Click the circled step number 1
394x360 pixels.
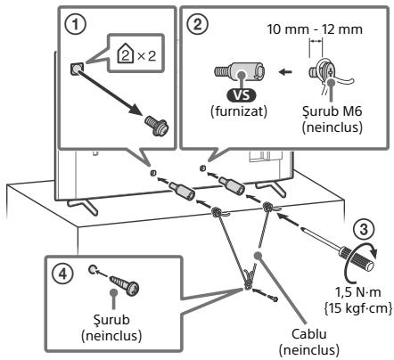pyautogui.click(x=76, y=24)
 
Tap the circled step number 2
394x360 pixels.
pyautogui.click(x=198, y=24)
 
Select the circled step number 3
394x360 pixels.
pyautogui.click(x=365, y=230)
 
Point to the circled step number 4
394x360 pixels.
pyautogui.click(x=63, y=274)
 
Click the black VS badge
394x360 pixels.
pyautogui.click(x=242, y=95)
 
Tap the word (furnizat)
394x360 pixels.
pyautogui.click(x=239, y=111)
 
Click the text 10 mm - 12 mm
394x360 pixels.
pyautogui.click(x=315, y=29)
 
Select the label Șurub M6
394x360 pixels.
pyautogui.click(x=332, y=111)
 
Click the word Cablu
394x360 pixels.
pyautogui.click(x=309, y=334)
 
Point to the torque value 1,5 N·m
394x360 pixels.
pyautogui.click(x=357, y=292)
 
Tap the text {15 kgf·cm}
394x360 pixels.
pyautogui.click(x=357, y=308)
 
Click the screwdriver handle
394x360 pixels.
pyautogui.click(x=358, y=258)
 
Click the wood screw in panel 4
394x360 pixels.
pyautogui.click(x=124, y=285)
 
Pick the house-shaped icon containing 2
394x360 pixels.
pyautogui.click(x=126, y=53)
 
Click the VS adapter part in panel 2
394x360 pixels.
pyautogui.click(x=239, y=72)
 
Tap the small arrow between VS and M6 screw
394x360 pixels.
pyautogui.click(x=286, y=71)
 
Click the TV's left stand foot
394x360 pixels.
pyautogui.click(x=83, y=206)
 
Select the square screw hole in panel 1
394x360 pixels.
pyautogui.click(x=77, y=70)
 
